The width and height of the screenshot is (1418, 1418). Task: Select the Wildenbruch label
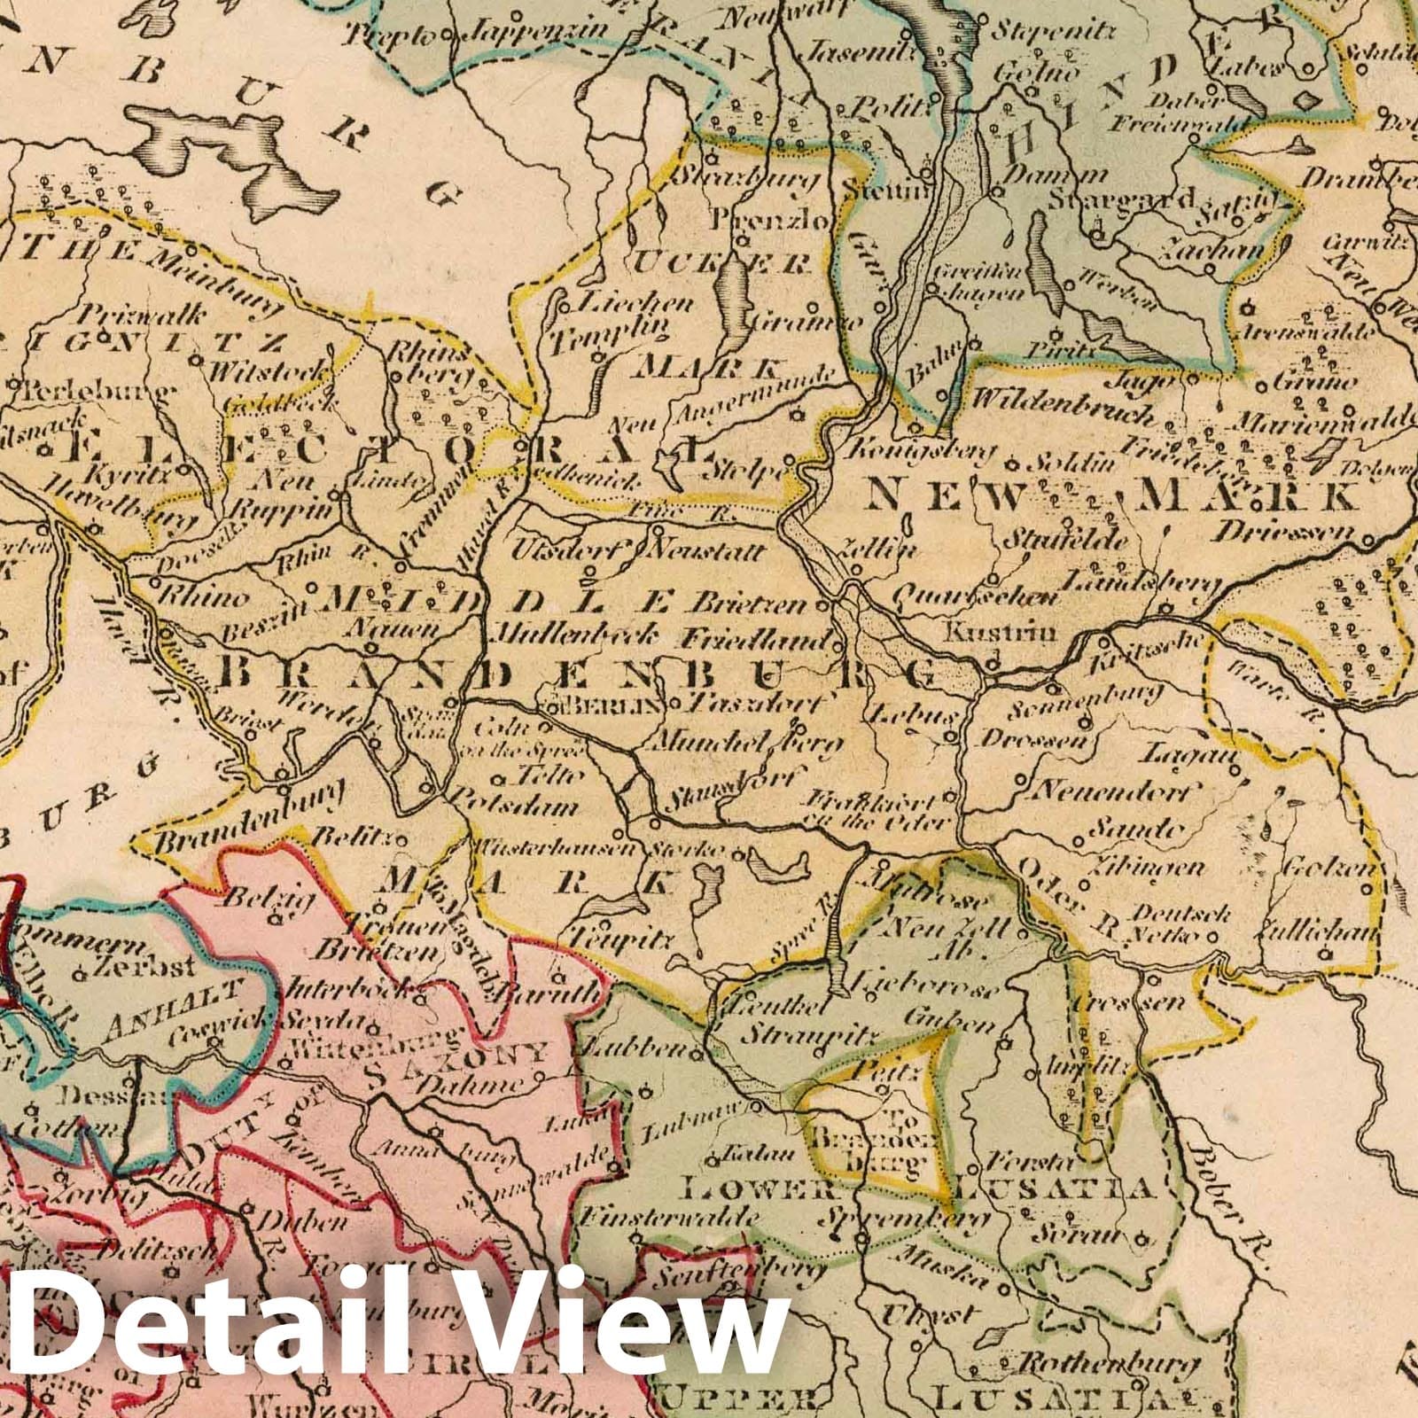tap(1063, 400)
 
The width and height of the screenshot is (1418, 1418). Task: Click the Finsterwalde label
tap(666, 1219)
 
